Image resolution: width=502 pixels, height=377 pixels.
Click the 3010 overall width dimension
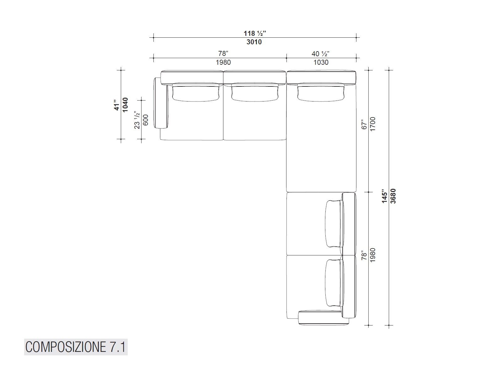click(254, 42)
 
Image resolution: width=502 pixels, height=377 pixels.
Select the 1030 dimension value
click(321, 62)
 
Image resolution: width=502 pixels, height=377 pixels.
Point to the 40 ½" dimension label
click(321, 54)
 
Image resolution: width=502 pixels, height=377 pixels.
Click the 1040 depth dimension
click(125, 105)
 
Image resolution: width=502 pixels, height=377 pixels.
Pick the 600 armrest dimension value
click(146, 120)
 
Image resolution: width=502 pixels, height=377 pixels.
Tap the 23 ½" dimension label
click(137, 120)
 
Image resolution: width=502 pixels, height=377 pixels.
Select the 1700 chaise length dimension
click(372, 124)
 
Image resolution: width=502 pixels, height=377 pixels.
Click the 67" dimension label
click(364, 124)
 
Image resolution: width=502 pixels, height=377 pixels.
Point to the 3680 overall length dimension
click(393, 196)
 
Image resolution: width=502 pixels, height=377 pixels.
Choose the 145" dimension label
click(385, 196)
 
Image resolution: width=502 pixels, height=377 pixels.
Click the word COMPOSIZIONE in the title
click(66, 347)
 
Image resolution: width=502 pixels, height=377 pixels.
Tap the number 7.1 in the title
click(117, 347)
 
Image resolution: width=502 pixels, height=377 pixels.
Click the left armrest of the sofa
click(160, 103)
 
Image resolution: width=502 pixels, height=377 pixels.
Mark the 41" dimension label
click(117, 105)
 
